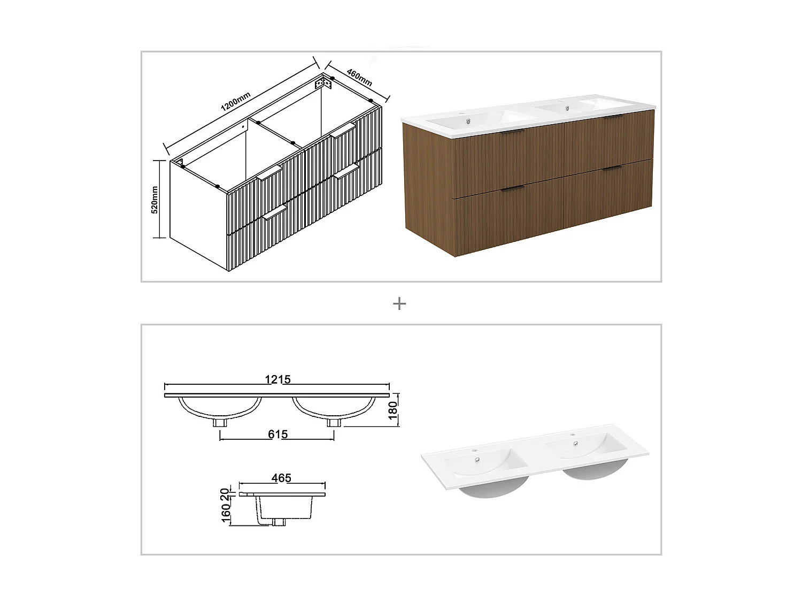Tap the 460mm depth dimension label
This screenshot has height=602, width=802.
359,78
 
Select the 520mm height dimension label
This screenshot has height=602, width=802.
155,200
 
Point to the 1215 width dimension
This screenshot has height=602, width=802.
277,379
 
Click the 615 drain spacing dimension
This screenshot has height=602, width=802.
277,434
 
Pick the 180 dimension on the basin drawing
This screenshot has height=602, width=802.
395,410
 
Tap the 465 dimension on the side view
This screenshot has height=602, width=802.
281,478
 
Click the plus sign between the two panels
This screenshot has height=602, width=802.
399,304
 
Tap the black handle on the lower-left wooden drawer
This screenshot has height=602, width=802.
513,188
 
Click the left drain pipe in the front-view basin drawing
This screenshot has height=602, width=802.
220,422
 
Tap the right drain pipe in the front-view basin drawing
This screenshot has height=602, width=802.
334,422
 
